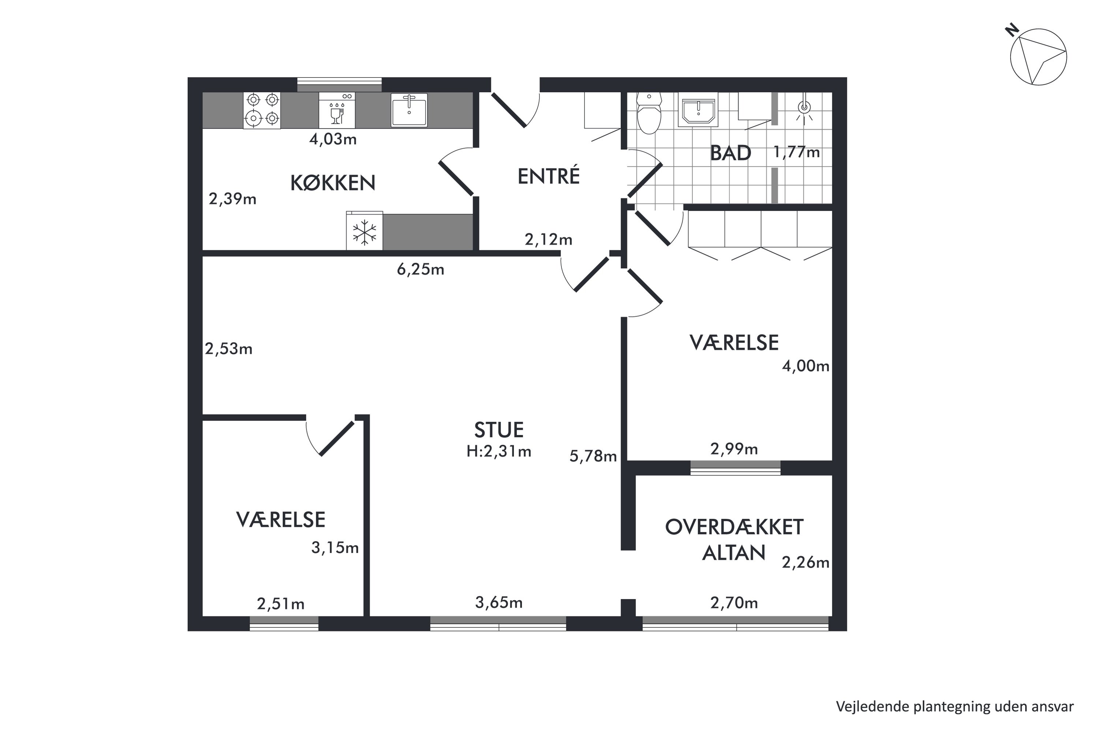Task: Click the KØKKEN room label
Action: (333, 183)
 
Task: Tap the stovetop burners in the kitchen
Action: (262, 110)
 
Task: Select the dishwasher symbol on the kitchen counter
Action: (337, 110)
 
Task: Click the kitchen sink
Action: (409, 110)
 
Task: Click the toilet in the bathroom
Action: (649, 113)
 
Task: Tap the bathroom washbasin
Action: (698, 112)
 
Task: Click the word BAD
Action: (731, 153)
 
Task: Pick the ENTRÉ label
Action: (549, 176)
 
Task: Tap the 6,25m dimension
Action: (420, 269)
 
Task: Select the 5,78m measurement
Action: (593, 456)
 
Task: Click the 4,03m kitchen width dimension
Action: (333, 139)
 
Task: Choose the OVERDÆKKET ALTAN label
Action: (734, 540)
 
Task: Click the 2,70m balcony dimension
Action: (734, 603)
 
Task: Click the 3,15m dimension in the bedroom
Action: (335, 548)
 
